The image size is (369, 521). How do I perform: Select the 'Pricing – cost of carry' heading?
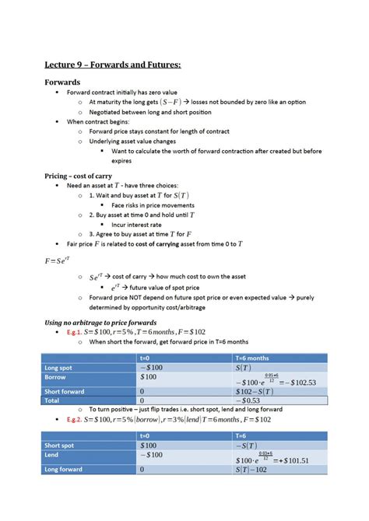click(83, 176)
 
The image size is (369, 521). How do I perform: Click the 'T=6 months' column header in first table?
click(251, 357)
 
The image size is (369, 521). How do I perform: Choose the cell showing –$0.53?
click(249, 401)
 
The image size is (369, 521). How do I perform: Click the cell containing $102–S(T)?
click(258, 392)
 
